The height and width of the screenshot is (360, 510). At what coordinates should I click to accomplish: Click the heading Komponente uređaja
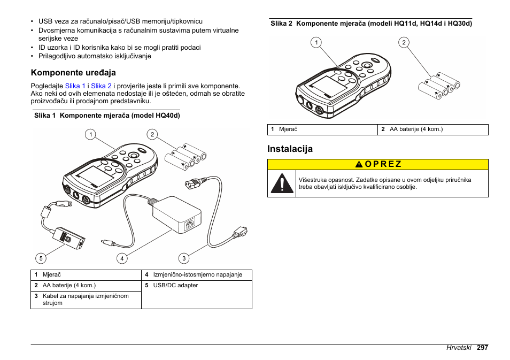[73, 72]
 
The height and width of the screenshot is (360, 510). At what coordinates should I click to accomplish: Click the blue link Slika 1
[75, 86]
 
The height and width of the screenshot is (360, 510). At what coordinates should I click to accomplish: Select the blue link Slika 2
[102, 86]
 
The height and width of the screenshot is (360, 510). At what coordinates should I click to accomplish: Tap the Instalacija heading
[290, 149]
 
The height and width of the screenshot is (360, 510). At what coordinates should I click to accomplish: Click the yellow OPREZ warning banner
[378, 164]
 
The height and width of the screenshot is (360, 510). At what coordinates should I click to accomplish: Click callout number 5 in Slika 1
[40, 258]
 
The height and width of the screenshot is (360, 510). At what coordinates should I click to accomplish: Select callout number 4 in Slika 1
[122, 258]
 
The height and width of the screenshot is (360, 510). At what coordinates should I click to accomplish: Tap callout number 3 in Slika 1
[184, 258]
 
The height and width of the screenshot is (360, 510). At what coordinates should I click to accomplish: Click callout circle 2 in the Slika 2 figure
[404, 43]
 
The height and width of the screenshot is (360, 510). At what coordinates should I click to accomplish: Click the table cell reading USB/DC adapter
[175, 286]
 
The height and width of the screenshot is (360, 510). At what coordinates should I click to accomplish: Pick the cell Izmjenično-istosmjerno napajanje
[197, 275]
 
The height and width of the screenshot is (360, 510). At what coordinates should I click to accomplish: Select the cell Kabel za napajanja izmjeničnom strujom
[86, 299]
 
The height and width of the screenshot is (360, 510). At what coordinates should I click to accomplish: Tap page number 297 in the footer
[483, 348]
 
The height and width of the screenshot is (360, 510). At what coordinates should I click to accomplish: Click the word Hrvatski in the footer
[459, 348]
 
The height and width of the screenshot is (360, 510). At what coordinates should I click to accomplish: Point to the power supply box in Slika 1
[177, 214]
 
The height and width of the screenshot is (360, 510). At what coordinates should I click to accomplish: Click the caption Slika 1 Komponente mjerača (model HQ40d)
[107, 115]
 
